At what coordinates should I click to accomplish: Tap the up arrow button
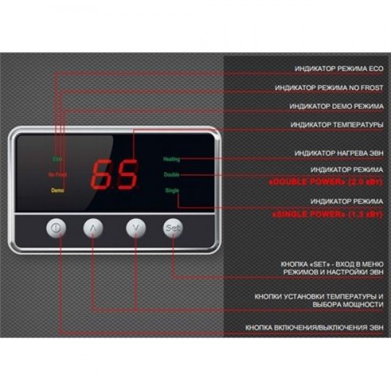(94, 229)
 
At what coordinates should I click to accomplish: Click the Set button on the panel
(173, 229)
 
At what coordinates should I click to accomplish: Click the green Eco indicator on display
(57, 159)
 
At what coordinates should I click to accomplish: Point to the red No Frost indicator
(57, 175)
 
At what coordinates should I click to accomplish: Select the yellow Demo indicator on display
(57, 190)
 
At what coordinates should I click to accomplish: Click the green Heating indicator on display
(172, 159)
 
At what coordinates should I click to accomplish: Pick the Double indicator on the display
(172, 175)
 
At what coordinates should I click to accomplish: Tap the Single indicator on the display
(172, 190)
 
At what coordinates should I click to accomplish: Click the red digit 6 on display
(102, 174)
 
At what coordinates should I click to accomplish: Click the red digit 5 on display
(126, 174)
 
